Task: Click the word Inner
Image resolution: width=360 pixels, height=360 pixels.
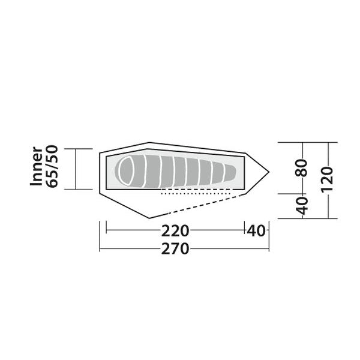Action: pos(37,166)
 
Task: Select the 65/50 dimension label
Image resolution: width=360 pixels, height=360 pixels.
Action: pos(52,166)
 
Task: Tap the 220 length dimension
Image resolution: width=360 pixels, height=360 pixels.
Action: pos(175,231)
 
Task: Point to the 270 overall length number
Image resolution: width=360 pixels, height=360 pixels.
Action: pos(175,249)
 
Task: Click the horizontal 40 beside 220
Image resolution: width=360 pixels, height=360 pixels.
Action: pos(256,231)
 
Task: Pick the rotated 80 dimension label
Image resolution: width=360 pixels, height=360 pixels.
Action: pos(301,167)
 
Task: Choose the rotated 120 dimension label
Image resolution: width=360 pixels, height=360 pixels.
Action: pos(326,179)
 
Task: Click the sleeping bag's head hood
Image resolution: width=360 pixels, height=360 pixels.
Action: pos(126,171)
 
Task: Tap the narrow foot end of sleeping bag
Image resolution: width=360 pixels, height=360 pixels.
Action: pos(230,173)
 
